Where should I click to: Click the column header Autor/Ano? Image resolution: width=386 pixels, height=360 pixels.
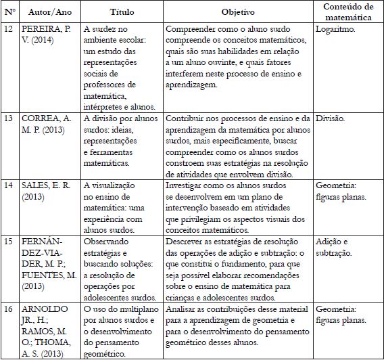[48, 13]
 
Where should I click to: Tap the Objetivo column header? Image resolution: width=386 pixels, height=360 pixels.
[238, 13]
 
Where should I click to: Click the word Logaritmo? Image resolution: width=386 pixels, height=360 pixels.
[335, 30]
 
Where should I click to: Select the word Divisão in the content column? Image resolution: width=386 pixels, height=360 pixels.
[332, 118]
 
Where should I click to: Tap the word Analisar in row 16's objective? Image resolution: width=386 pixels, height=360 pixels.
[183, 307]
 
